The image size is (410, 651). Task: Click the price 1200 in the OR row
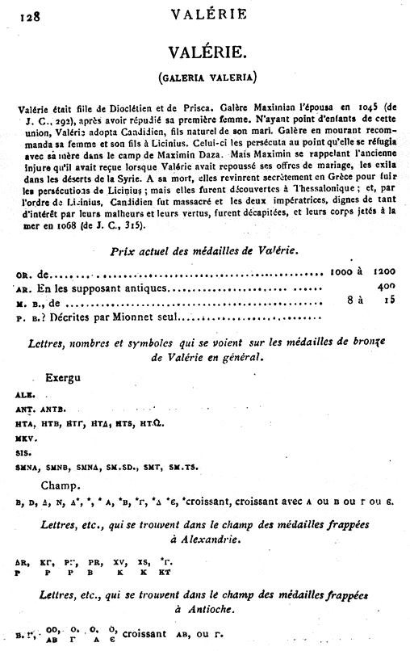click(x=383, y=274)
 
